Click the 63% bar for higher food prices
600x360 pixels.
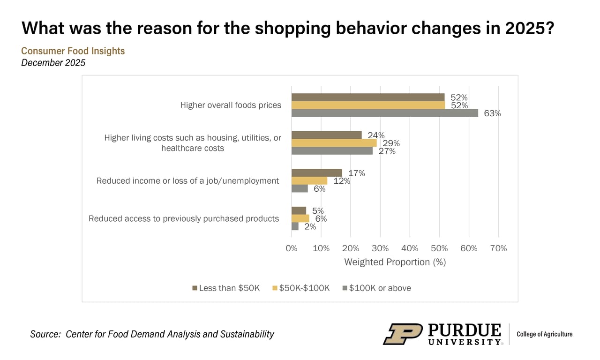(384, 113)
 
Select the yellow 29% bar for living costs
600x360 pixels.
(334, 143)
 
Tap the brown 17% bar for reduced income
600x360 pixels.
(316, 173)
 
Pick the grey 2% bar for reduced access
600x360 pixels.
(295, 226)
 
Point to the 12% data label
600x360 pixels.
(342, 181)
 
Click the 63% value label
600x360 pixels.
(492, 113)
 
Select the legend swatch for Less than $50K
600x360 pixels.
(195, 288)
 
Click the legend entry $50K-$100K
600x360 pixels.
(304, 288)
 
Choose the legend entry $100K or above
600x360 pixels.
(380, 288)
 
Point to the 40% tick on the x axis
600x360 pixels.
(410, 248)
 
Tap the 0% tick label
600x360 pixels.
(292, 248)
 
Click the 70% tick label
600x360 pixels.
(498, 248)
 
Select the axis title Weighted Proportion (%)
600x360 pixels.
(395, 262)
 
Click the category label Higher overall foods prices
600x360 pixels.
(231, 105)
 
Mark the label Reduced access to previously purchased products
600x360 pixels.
(184, 218)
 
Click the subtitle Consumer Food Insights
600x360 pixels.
(73, 51)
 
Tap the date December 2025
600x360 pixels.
(53, 62)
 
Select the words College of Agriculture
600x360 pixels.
(544, 334)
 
